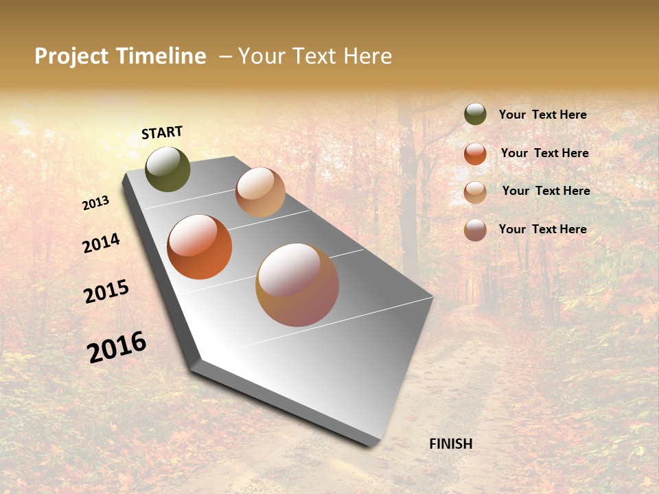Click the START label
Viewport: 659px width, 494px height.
point(162,132)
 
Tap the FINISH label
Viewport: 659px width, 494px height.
point(450,444)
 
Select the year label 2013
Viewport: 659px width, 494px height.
point(96,203)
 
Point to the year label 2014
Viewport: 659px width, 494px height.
point(102,243)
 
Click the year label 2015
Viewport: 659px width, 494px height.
point(106,292)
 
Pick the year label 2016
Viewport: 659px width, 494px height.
point(117,347)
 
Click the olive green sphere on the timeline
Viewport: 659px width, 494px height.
point(167,169)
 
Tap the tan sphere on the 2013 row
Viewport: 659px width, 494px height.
point(260,192)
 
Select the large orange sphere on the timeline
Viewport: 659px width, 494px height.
point(200,247)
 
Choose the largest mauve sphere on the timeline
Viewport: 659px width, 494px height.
point(297,285)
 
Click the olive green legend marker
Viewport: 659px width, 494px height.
point(475,115)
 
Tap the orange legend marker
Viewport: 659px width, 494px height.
point(475,154)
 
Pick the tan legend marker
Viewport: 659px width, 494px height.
point(475,192)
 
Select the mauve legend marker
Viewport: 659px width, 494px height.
point(475,230)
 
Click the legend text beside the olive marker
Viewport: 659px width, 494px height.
point(542,115)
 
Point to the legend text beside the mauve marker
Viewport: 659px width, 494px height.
point(542,229)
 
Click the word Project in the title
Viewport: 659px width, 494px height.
point(71,56)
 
